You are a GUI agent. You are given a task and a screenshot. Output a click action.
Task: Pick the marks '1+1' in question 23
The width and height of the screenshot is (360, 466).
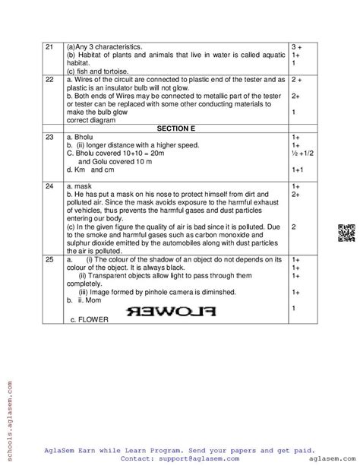298,170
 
